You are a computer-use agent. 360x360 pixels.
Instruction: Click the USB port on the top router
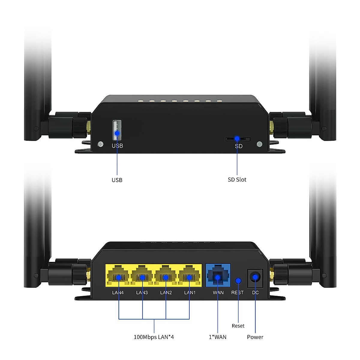tap(117, 130)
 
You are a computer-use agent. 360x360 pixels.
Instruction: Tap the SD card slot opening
tap(238, 139)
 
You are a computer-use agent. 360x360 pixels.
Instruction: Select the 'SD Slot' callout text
tap(237, 179)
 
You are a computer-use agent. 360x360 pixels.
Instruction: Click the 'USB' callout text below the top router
tap(117, 180)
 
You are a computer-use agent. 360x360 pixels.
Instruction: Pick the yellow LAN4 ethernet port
tap(118, 276)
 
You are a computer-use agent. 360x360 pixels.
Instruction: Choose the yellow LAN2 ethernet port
tap(166, 276)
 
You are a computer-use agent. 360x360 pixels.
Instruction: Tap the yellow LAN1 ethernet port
tap(189, 276)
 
